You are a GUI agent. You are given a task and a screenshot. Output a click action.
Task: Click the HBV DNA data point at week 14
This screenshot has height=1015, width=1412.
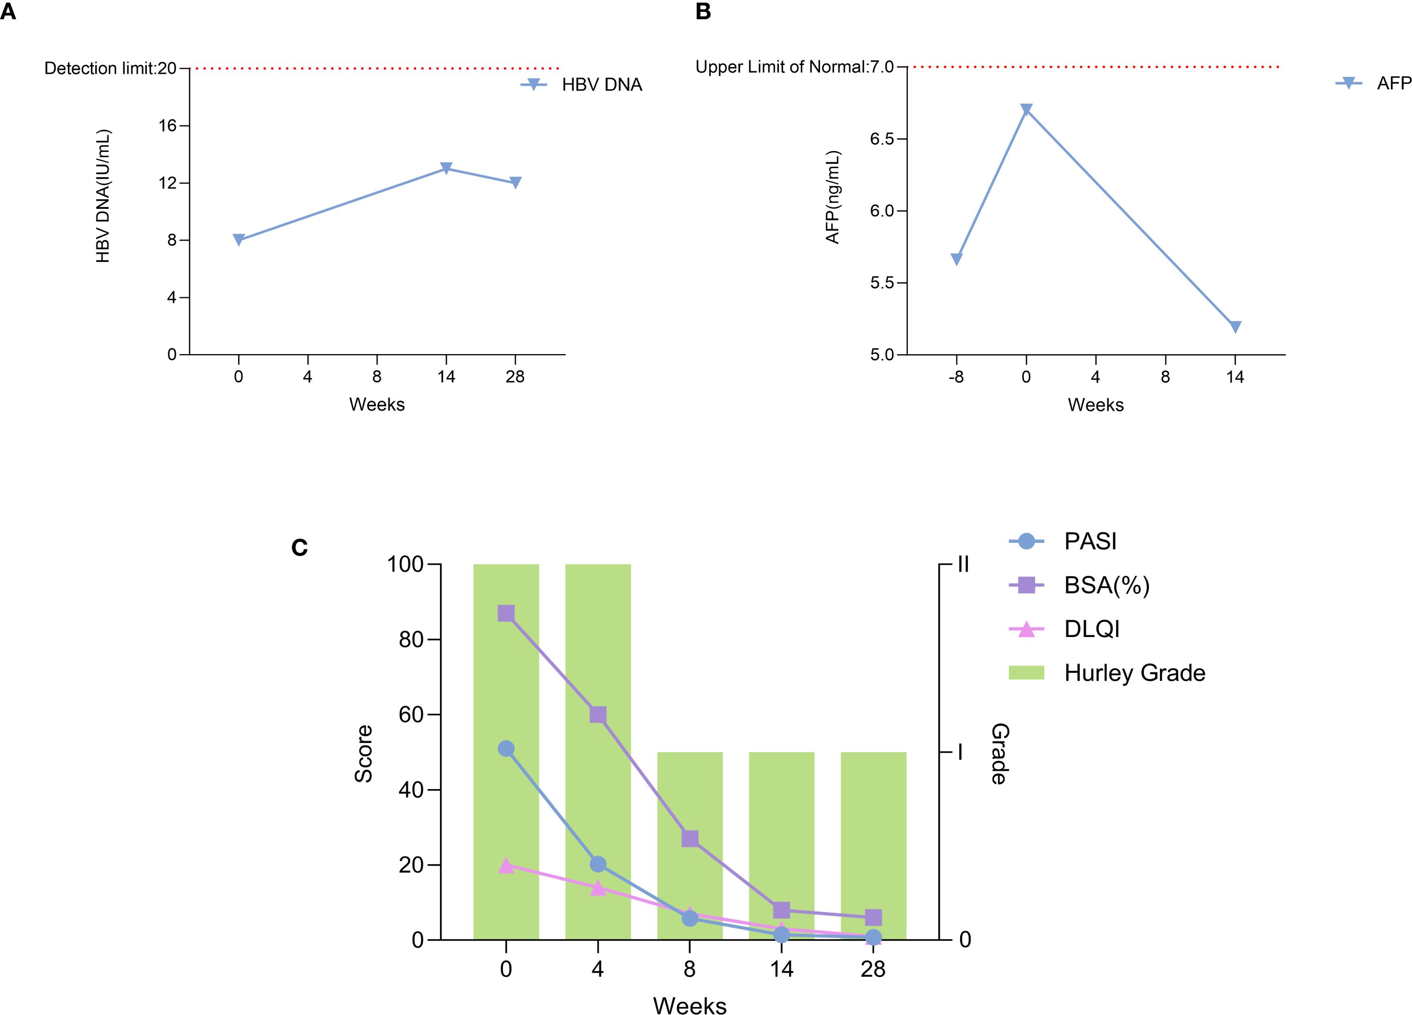pos(446,168)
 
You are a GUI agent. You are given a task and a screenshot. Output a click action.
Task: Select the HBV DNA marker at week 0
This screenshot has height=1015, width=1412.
pos(239,239)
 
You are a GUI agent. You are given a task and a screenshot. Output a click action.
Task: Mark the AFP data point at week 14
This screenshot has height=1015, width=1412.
pos(1235,327)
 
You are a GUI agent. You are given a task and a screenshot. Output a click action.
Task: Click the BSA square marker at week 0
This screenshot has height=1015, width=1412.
pos(506,613)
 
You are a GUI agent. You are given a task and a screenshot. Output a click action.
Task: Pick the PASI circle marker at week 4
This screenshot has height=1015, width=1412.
pos(598,864)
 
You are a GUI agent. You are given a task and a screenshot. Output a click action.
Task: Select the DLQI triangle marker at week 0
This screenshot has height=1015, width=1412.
pos(506,865)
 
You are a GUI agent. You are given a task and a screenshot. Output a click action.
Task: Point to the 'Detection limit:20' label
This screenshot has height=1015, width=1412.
pos(110,68)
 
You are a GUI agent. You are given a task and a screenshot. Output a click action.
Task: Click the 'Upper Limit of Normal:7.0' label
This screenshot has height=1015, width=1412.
pos(794,66)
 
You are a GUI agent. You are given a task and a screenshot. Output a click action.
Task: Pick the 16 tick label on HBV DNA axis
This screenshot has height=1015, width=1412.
pos(167,126)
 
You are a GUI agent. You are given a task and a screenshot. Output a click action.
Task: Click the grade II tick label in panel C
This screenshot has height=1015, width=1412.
pos(963,564)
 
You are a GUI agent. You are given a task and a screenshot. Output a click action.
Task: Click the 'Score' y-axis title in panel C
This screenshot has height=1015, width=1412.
pos(363,753)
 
